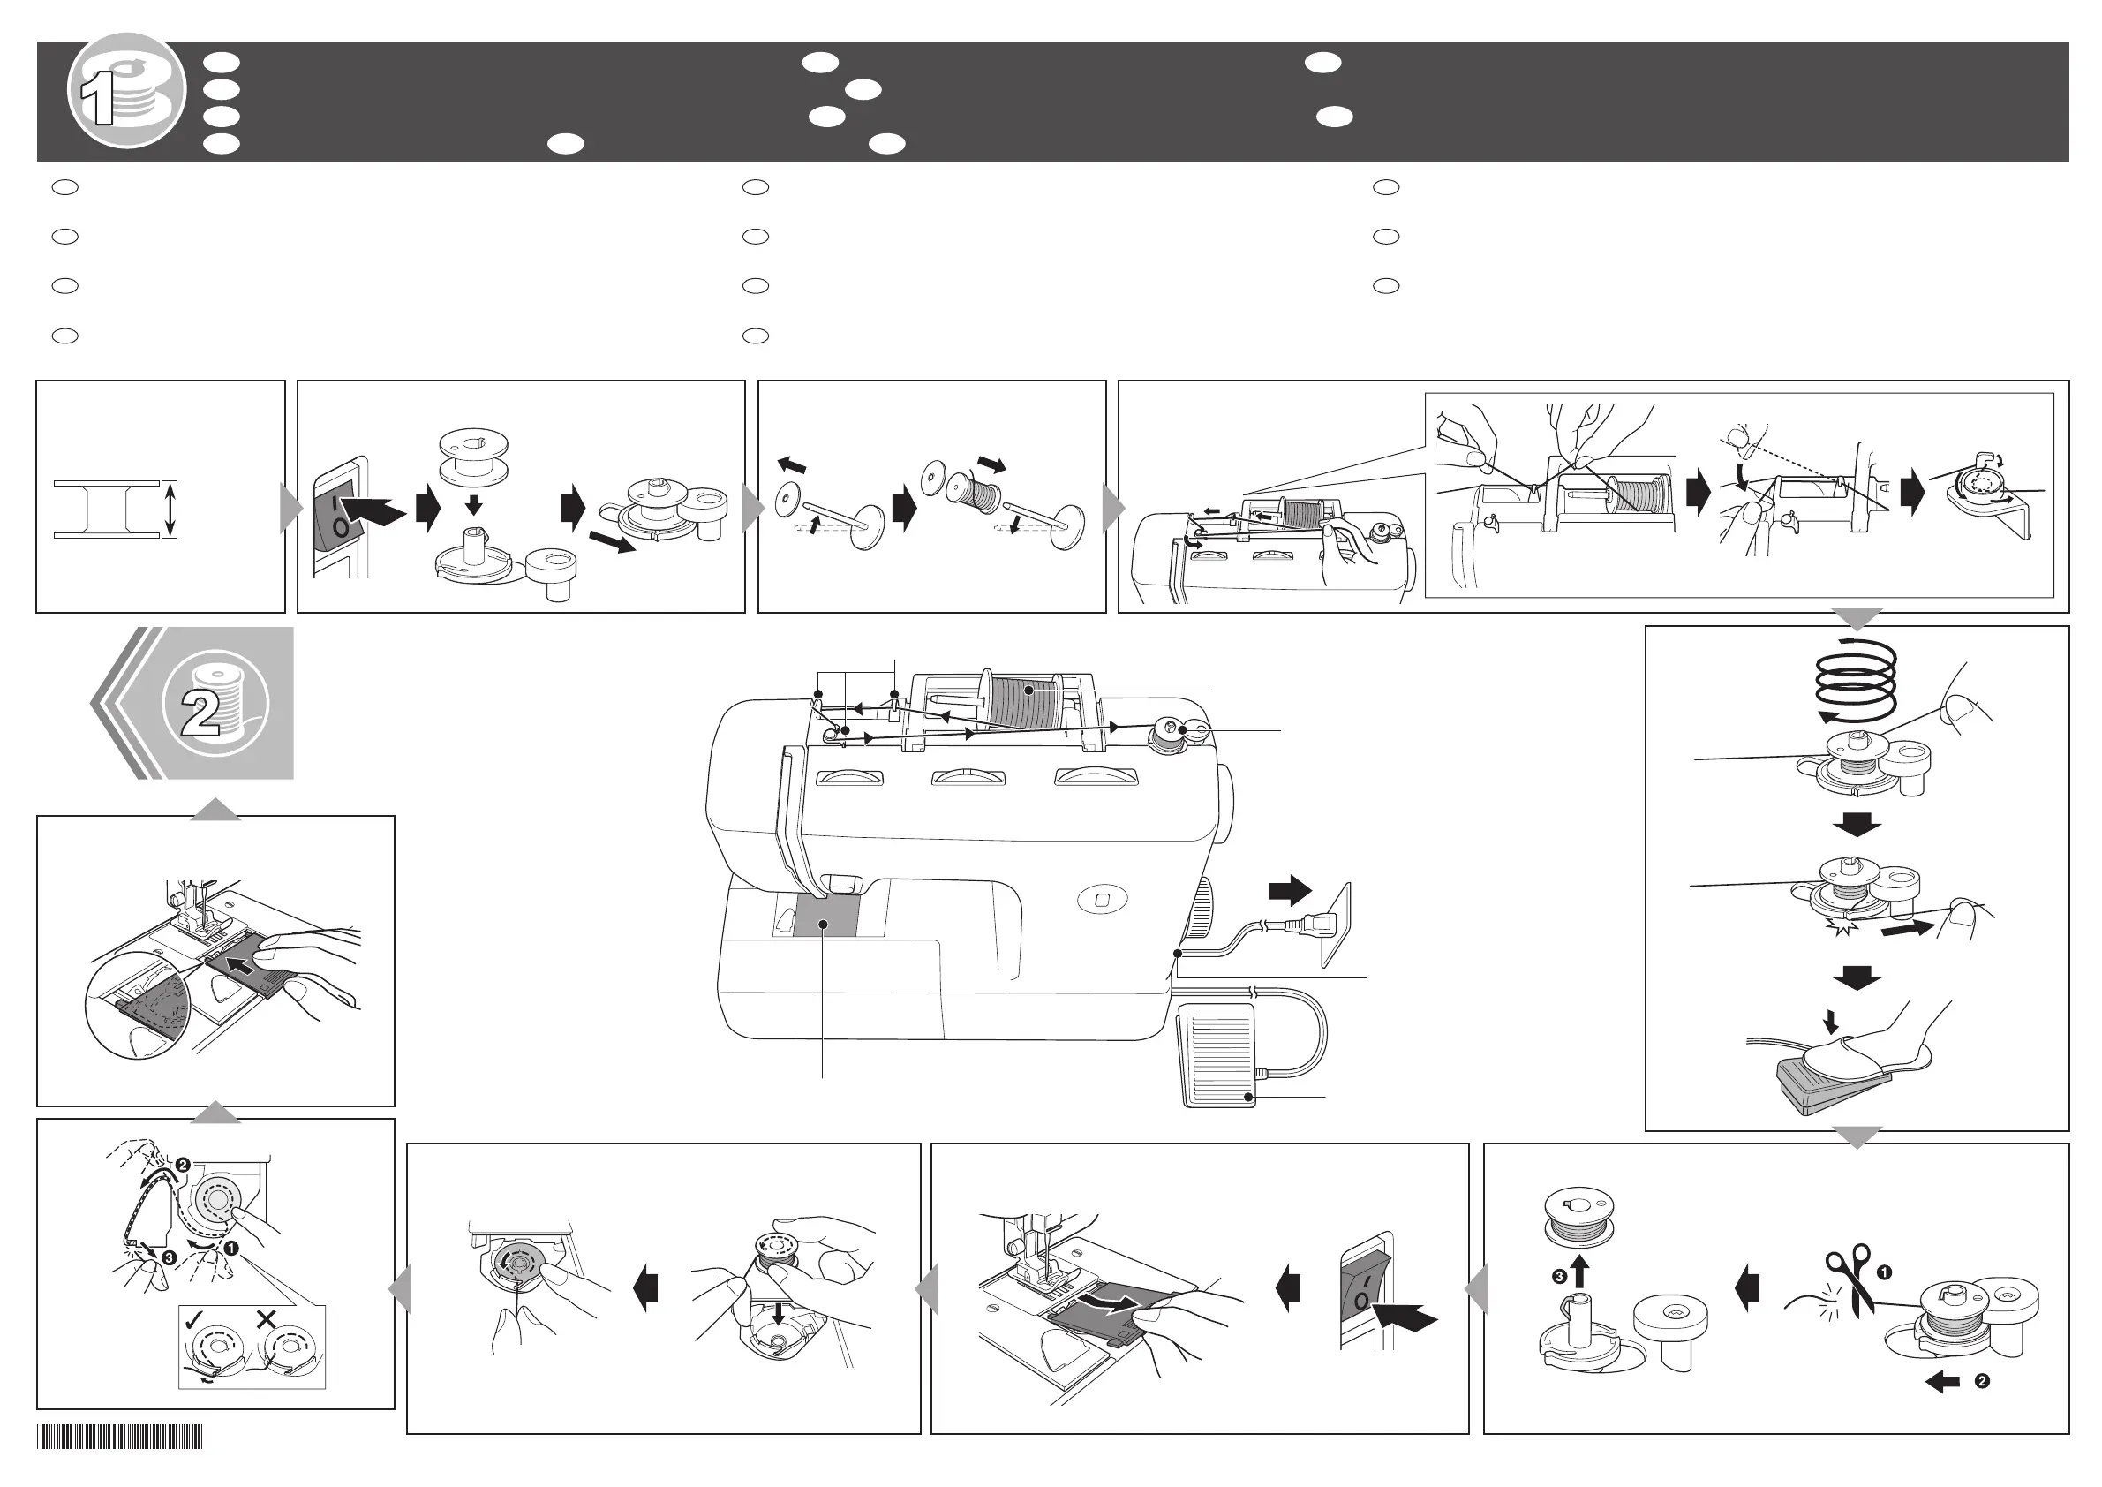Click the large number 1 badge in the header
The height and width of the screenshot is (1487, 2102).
coord(126,91)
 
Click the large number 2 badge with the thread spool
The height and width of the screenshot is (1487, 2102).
coord(215,703)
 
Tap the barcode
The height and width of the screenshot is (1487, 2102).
coord(119,1437)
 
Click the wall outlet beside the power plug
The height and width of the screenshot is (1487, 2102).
coord(1336,924)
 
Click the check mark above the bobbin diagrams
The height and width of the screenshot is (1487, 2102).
coord(194,1319)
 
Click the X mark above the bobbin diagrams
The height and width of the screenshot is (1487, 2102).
coord(267,1319)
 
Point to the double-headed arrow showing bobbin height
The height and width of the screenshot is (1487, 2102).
coord(170,510)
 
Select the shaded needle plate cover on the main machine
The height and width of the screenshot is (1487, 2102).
coord(826,915)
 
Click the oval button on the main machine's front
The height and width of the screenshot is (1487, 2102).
coord(1102,899)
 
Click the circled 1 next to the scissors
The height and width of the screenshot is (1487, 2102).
coord(1885,1272)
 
